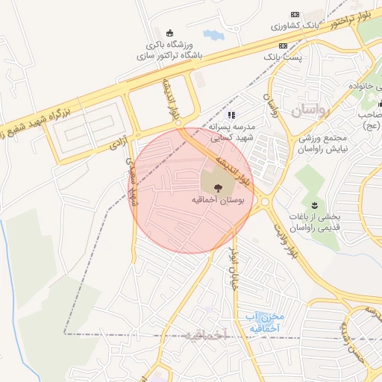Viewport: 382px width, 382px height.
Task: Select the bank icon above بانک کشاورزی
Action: (293, 14)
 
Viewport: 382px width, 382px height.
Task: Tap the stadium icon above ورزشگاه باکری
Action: (170, 33)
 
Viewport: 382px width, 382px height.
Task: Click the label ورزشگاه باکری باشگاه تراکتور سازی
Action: (170, 49)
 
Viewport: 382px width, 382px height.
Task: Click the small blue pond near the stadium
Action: (213, 34)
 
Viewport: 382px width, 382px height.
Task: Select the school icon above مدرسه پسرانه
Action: (231, 115)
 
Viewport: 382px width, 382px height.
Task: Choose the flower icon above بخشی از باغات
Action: (314, 204)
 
